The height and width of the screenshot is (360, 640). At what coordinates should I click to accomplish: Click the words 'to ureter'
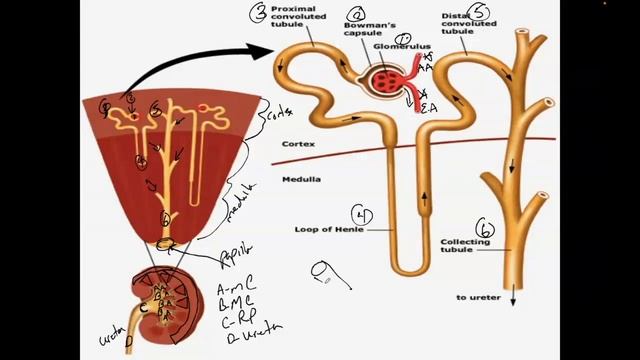coord(475,297)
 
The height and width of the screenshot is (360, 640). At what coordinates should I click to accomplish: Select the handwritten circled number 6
coord(486,229)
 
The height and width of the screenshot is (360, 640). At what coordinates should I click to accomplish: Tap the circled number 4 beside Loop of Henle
coord(364,214)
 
